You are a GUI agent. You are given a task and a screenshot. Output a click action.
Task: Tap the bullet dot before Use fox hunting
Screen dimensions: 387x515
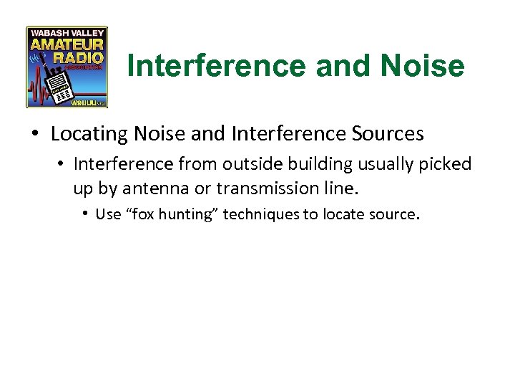tap(85, 214)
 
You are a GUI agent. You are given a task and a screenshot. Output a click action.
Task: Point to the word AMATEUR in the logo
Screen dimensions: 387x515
tap(67, 45)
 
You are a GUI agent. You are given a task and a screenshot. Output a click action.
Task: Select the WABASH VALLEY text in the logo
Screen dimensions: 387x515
tap(67, 32)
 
